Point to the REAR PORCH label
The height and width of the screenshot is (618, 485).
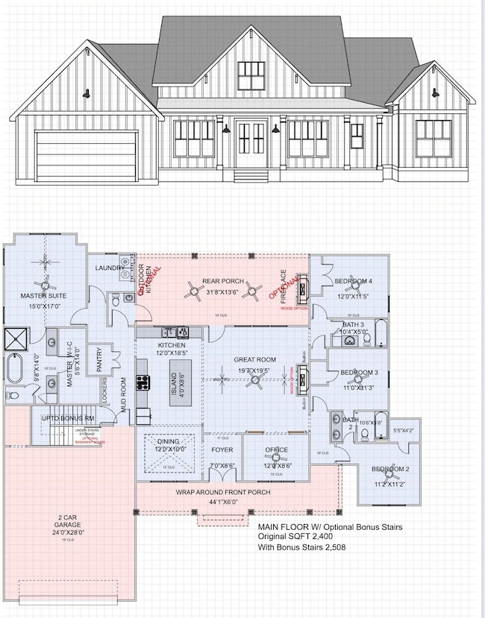click(x=220, y=281)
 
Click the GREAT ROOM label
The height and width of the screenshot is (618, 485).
click(x=255, y=359)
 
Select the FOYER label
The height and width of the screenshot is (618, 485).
click(x=222, y=450)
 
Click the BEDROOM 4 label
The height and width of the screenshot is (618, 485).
click(x=353, y=281)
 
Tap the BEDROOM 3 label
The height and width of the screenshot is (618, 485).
click(x=360, y=372)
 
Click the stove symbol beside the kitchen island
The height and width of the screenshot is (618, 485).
click(x=142, y=382)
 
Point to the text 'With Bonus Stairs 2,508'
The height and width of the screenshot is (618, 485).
click(x=301, y=547)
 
